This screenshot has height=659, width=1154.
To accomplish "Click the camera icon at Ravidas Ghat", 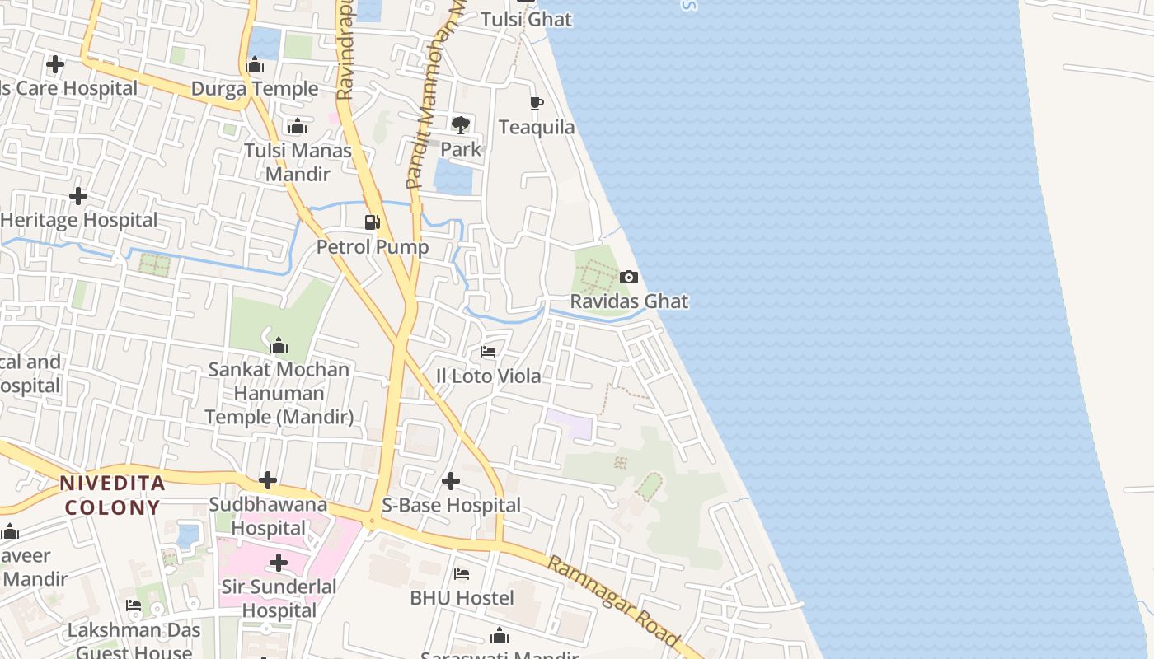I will point(629,277).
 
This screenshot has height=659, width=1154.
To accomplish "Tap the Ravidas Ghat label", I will point(629,301).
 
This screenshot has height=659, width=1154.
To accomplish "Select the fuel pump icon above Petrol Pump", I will point(373,222).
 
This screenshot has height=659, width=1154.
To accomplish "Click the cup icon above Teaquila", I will point(536,103).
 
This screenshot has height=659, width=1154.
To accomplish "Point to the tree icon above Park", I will point(461,124).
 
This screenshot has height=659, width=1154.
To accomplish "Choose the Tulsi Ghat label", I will point(526,19).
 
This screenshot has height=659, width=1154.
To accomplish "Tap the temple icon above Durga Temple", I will point(255,64).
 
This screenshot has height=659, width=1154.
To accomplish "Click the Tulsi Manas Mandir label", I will point(298,162).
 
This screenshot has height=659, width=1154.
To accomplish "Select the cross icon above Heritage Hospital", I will point(78,196).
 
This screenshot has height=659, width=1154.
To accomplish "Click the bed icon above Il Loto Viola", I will point(488,352).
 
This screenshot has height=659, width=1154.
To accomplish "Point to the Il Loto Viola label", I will point(489,376).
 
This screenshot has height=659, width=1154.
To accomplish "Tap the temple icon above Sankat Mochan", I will point(279,344).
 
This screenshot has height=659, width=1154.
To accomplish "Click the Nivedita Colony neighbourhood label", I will point(112,495).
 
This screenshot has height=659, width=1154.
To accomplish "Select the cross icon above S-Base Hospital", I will point(451,480).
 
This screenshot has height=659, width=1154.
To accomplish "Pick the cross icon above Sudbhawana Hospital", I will point(268,479).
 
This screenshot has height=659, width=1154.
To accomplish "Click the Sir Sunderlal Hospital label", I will point(279,599).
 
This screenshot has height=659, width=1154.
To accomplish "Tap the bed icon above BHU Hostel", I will point(462,573).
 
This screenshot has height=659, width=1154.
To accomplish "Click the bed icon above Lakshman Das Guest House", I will point(134,606).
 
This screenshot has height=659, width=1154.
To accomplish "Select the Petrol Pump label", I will point(373,247).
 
